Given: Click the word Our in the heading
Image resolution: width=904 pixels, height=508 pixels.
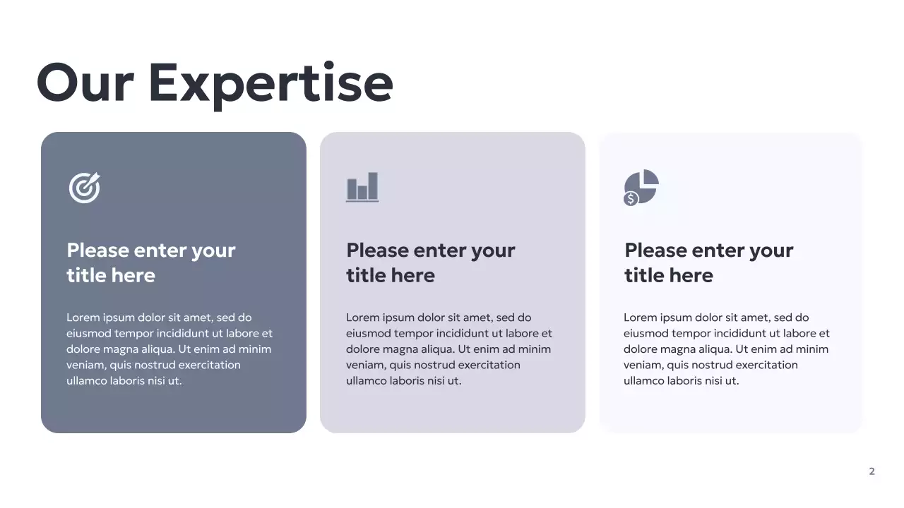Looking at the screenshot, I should pyautogui.click(x=85, y=83).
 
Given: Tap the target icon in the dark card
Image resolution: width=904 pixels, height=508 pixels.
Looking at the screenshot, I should pyautogui.click(x=85, y=188).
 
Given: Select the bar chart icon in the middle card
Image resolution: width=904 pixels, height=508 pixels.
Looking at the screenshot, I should pyautogui.click(x=362, y=188).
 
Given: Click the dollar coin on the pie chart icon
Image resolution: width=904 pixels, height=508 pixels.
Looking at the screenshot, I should pyautogui.click(x=631, y=199).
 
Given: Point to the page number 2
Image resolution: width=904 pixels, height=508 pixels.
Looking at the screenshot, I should pyautogui.click(x=872, y=471).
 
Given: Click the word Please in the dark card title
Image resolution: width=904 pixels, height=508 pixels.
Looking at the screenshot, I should pyautogui.click(x=97, y=250).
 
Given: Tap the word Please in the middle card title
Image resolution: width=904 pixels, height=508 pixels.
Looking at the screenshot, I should pyautogui.click(x=377, y=250).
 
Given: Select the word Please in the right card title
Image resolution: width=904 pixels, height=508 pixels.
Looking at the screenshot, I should pyautogui.click(x=655, y=250).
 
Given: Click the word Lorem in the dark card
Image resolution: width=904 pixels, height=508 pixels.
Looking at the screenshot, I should pyautogui.click(x=82, y=317).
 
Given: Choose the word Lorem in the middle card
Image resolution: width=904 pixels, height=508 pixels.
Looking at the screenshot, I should pyautogui.click(x=362, y=317).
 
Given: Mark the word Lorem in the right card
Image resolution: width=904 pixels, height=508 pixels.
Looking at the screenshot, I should pyautogui.click(x=639, y=317).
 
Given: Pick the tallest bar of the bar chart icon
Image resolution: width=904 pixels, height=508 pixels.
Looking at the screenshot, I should pyautogui.click(x=372, y=186).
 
